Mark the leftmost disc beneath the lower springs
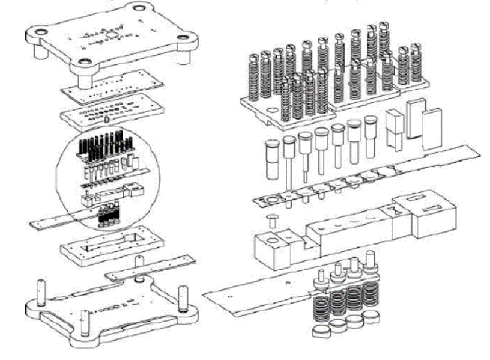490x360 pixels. tap(320, 331)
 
